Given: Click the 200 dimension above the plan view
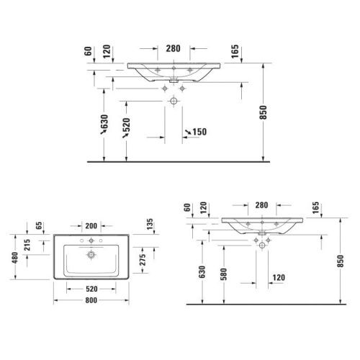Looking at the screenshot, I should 91,225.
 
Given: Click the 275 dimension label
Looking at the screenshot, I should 143,258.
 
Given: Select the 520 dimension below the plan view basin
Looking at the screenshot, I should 91,289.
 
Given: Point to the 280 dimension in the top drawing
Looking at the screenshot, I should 172,49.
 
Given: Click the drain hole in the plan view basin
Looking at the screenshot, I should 91,254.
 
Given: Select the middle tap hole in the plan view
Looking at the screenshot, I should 91,240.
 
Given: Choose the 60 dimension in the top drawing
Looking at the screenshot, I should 88,51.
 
